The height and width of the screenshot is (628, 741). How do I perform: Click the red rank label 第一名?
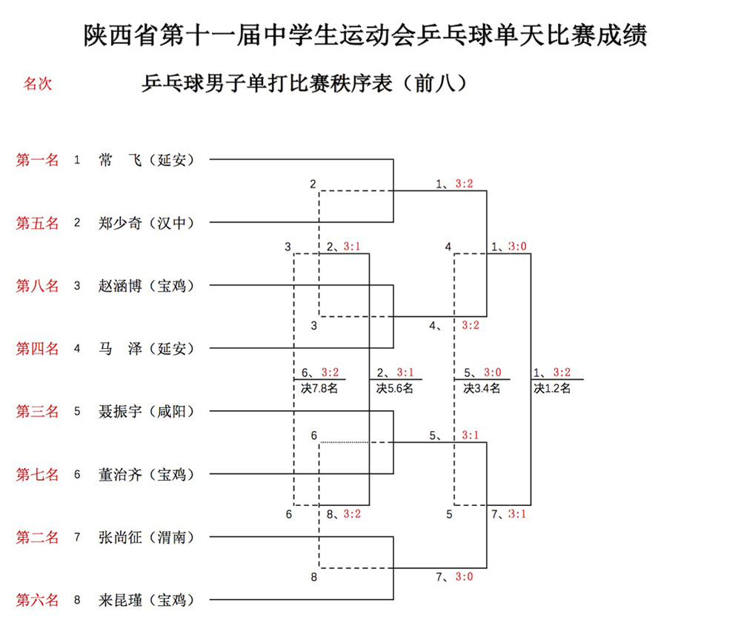(37, 159)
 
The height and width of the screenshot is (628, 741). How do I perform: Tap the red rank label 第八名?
(37, 285)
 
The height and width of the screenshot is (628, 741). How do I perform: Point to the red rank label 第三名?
(37, 411)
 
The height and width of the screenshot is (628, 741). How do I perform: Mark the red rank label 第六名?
(37, 600)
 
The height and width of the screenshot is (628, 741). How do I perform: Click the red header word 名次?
(38, 84)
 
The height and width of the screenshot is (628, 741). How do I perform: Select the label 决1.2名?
(552, 387)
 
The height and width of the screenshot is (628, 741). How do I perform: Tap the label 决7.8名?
(320, 387)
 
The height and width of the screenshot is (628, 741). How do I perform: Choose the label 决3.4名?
(482, 387)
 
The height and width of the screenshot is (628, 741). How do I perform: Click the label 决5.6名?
(395, 387)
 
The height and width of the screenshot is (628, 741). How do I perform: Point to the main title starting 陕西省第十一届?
(365, 36)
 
